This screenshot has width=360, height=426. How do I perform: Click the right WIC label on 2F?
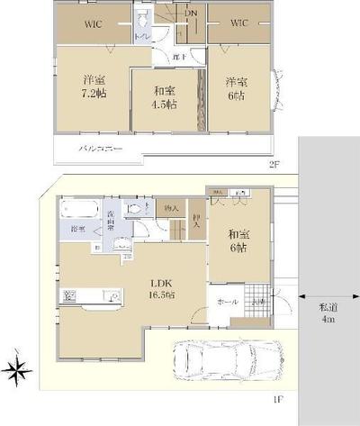pyautogui.click(x=238, y=22)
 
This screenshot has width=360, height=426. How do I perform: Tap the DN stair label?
pyautogui.click(x=190, y=14)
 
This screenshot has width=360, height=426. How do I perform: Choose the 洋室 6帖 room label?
pyautogui.click(x=237, y=90)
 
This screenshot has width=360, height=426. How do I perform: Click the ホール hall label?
pyautogui.click(x=228, y=304)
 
